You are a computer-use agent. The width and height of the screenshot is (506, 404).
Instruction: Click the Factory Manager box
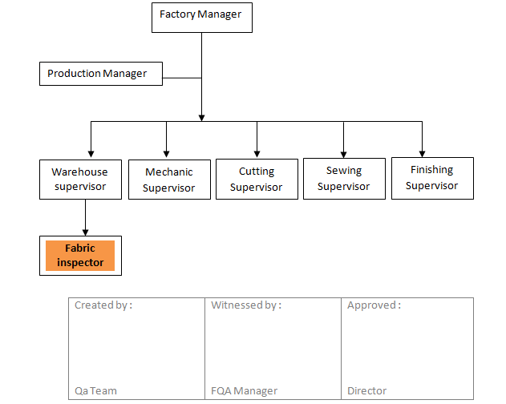coord(201,17)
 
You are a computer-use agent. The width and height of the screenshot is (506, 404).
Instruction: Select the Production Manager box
coord(99,74)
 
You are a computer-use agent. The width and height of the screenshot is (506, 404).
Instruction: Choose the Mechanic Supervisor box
coord(169,180)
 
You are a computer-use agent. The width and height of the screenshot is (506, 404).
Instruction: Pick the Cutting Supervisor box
coord(256,179)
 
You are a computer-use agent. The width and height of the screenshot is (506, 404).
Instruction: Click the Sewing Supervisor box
coord(343,178)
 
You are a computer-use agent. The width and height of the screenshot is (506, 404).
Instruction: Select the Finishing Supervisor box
coord(431,177)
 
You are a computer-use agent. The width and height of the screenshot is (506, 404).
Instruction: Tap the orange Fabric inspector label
coord(80,256)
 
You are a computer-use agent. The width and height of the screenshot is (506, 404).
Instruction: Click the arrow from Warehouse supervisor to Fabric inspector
coord(84,216)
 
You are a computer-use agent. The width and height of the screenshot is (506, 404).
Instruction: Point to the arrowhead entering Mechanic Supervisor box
coord(166,154)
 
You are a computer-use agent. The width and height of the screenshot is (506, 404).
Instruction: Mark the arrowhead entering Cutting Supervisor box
coord(257,153)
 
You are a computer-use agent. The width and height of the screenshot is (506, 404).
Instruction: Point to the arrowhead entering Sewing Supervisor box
coord(344,153)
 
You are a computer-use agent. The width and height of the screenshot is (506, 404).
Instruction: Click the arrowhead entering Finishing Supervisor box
coord(422,152)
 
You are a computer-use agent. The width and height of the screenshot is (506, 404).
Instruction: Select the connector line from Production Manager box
coord(181,78)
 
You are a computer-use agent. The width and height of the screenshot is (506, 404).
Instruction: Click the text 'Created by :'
coord(103,305)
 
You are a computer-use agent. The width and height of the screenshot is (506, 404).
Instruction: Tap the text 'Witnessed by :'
coord(246,305)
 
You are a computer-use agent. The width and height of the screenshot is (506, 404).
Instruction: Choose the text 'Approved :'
coord(374,305)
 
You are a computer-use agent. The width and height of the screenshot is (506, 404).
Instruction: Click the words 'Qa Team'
coord(95,391)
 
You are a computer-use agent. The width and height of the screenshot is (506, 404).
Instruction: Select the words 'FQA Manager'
coord(244,391)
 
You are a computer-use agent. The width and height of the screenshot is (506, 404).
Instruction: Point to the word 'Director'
coord(366,391)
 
